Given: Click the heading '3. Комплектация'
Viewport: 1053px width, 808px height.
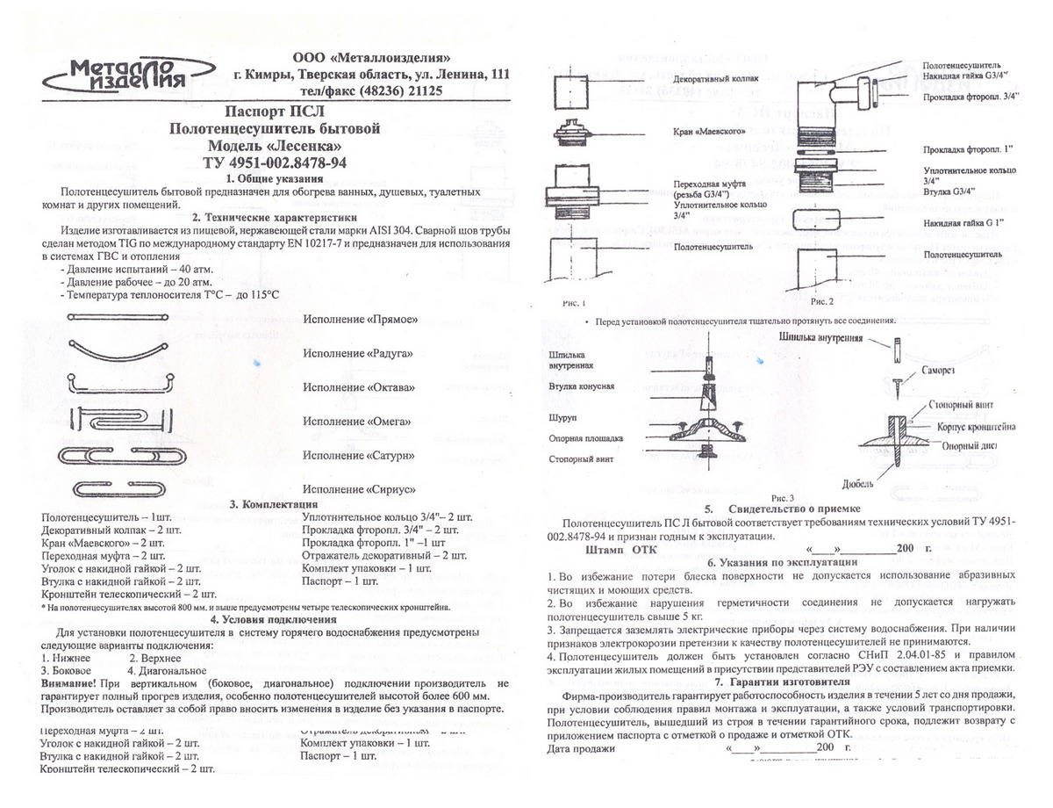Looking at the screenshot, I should (273, 504).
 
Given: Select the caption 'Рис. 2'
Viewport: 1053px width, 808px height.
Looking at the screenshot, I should (825, 302).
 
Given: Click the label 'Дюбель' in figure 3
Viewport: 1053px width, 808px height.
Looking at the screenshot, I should (856, 483).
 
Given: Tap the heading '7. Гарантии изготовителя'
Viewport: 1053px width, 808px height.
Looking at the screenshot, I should (783, 682).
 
